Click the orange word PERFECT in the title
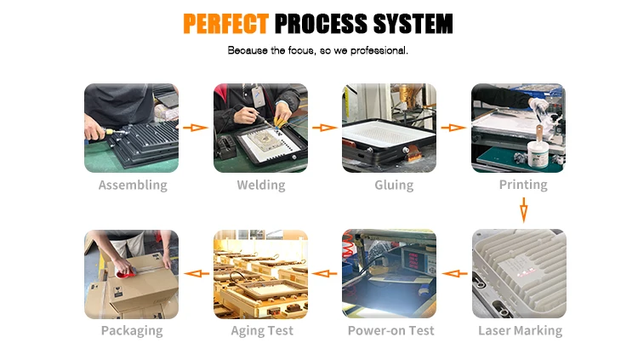226,23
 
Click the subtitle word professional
375,51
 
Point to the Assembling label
133,186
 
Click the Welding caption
260,186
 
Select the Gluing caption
394,186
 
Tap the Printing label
523,186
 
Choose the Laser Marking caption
520,331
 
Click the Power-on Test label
390,331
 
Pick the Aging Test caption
262,331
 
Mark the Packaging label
132,331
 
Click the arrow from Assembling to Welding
197,128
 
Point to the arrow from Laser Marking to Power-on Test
455,274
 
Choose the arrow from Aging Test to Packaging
197,274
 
